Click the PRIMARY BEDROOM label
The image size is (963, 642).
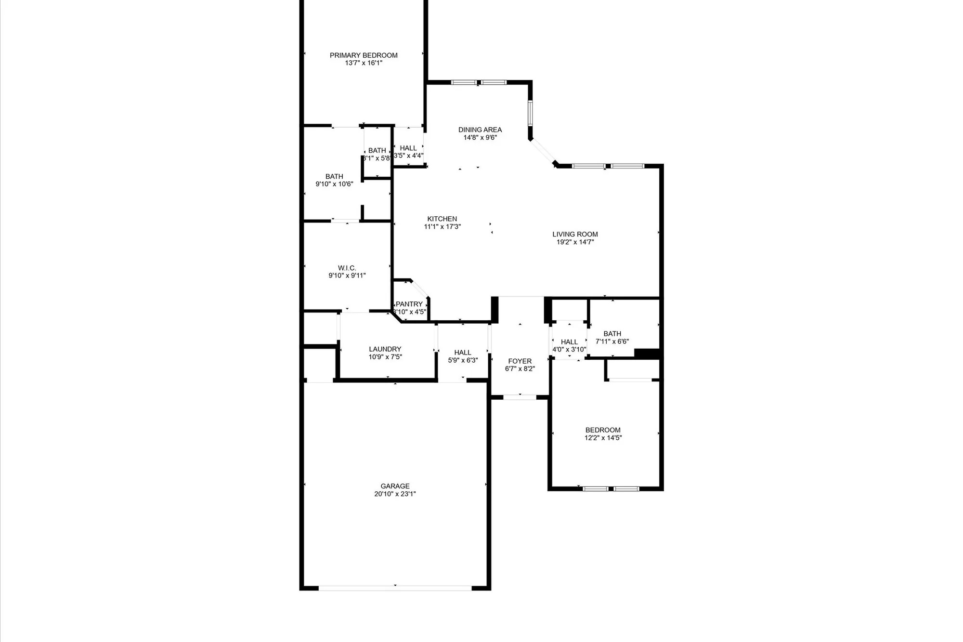(364, 55)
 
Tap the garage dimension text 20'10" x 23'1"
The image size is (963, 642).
(395, 494)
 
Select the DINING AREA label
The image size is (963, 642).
(480, 130)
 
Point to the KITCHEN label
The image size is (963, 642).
(442, 219)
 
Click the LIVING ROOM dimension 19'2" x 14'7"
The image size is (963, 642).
(575, 242)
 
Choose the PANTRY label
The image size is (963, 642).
(409, 304)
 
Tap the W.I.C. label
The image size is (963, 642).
(347, 268)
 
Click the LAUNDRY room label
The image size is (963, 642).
(385, 349)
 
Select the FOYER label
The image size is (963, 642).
(520, 361)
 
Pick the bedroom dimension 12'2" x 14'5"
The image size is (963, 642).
(603, 438)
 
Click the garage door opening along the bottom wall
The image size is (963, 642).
(395, 588)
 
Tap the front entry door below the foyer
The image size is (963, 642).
(520, 397)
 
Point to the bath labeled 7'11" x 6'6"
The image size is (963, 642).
(612, 337)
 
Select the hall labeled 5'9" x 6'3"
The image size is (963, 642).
(463, 356)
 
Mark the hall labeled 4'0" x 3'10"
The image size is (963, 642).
(569, 345)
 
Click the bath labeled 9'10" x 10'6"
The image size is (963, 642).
(334, 180)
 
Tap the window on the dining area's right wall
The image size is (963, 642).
(530, 113)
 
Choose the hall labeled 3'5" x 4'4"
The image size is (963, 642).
(408, 151)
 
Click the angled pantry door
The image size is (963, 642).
(420, 288)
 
